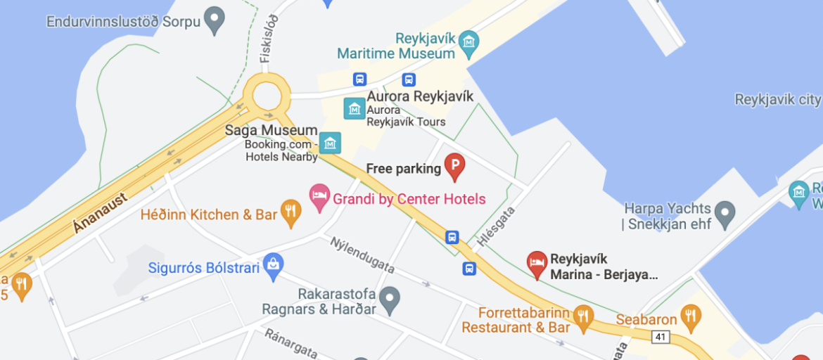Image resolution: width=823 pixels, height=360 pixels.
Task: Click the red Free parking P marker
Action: tap(454, 167)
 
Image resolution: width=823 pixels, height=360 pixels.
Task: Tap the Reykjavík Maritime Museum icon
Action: tap(468, 44)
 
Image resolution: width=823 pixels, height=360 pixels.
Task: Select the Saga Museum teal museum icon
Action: tap(330, 143)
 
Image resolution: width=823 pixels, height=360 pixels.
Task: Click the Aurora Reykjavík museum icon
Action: tap(353, 108)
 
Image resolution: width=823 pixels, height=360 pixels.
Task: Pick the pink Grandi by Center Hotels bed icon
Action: tap(320, 198)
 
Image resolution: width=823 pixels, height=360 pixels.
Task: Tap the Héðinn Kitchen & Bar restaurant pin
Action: tap(291, 212)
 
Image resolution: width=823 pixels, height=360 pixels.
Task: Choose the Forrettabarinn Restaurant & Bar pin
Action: tap(582, 317)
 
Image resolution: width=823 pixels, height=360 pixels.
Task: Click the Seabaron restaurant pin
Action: tap(691, 318)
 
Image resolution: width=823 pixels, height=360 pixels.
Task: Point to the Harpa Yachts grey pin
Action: tap(724, 211)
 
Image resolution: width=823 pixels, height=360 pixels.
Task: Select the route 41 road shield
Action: tap(659, 337)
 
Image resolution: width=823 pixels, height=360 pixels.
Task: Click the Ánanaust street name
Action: tap(101, 214)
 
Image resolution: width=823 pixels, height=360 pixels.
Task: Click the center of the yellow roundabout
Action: tap(267, 95)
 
